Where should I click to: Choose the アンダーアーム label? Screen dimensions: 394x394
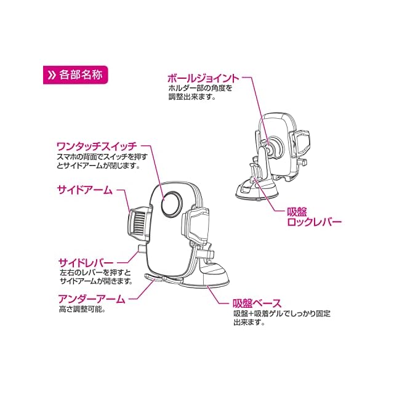coord(90,299)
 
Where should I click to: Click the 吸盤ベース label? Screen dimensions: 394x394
coord(257,303)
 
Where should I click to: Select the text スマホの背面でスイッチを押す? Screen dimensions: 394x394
coord(100,157)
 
